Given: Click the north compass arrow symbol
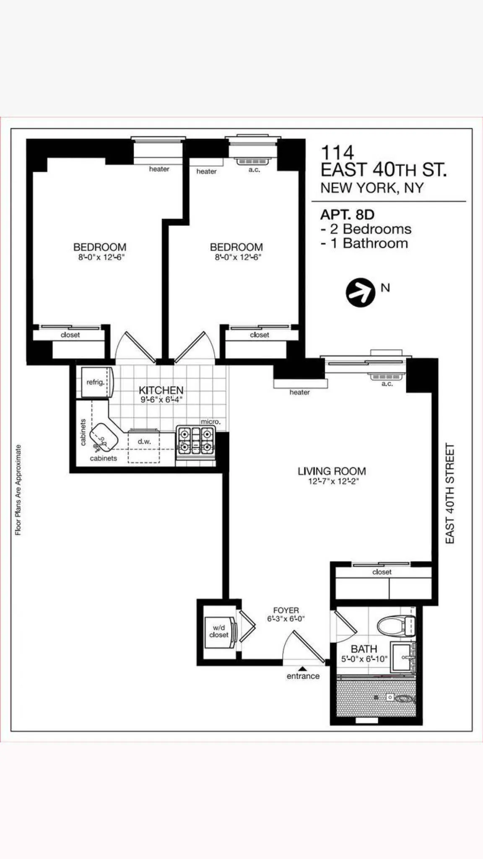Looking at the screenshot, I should point(360,292).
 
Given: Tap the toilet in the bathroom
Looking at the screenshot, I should point(396,626).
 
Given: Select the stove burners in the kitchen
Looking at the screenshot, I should point(195,440).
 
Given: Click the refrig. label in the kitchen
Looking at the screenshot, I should point(95,382).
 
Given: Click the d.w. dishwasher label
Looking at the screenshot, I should point(144,442).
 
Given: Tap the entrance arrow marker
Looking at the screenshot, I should point(303,669).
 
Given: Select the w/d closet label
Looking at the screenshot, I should point(219,631).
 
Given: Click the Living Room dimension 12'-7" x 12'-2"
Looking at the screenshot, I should point(333,482).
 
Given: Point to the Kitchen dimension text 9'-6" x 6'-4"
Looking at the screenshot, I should point(161,400).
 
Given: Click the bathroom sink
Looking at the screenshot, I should point(401,657).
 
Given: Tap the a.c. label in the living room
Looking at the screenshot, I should point(387,384).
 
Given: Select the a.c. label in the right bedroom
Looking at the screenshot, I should point(254,170).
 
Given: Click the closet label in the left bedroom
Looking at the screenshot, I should point(70,335).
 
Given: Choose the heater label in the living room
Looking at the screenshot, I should point(299,392).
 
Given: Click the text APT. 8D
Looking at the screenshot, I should point(347,215).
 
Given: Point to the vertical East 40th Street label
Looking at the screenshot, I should point(450,493).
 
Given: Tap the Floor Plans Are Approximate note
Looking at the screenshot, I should point(18,490).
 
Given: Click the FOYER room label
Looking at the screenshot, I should point(286,610).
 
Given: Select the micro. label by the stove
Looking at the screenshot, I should point(210,422).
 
